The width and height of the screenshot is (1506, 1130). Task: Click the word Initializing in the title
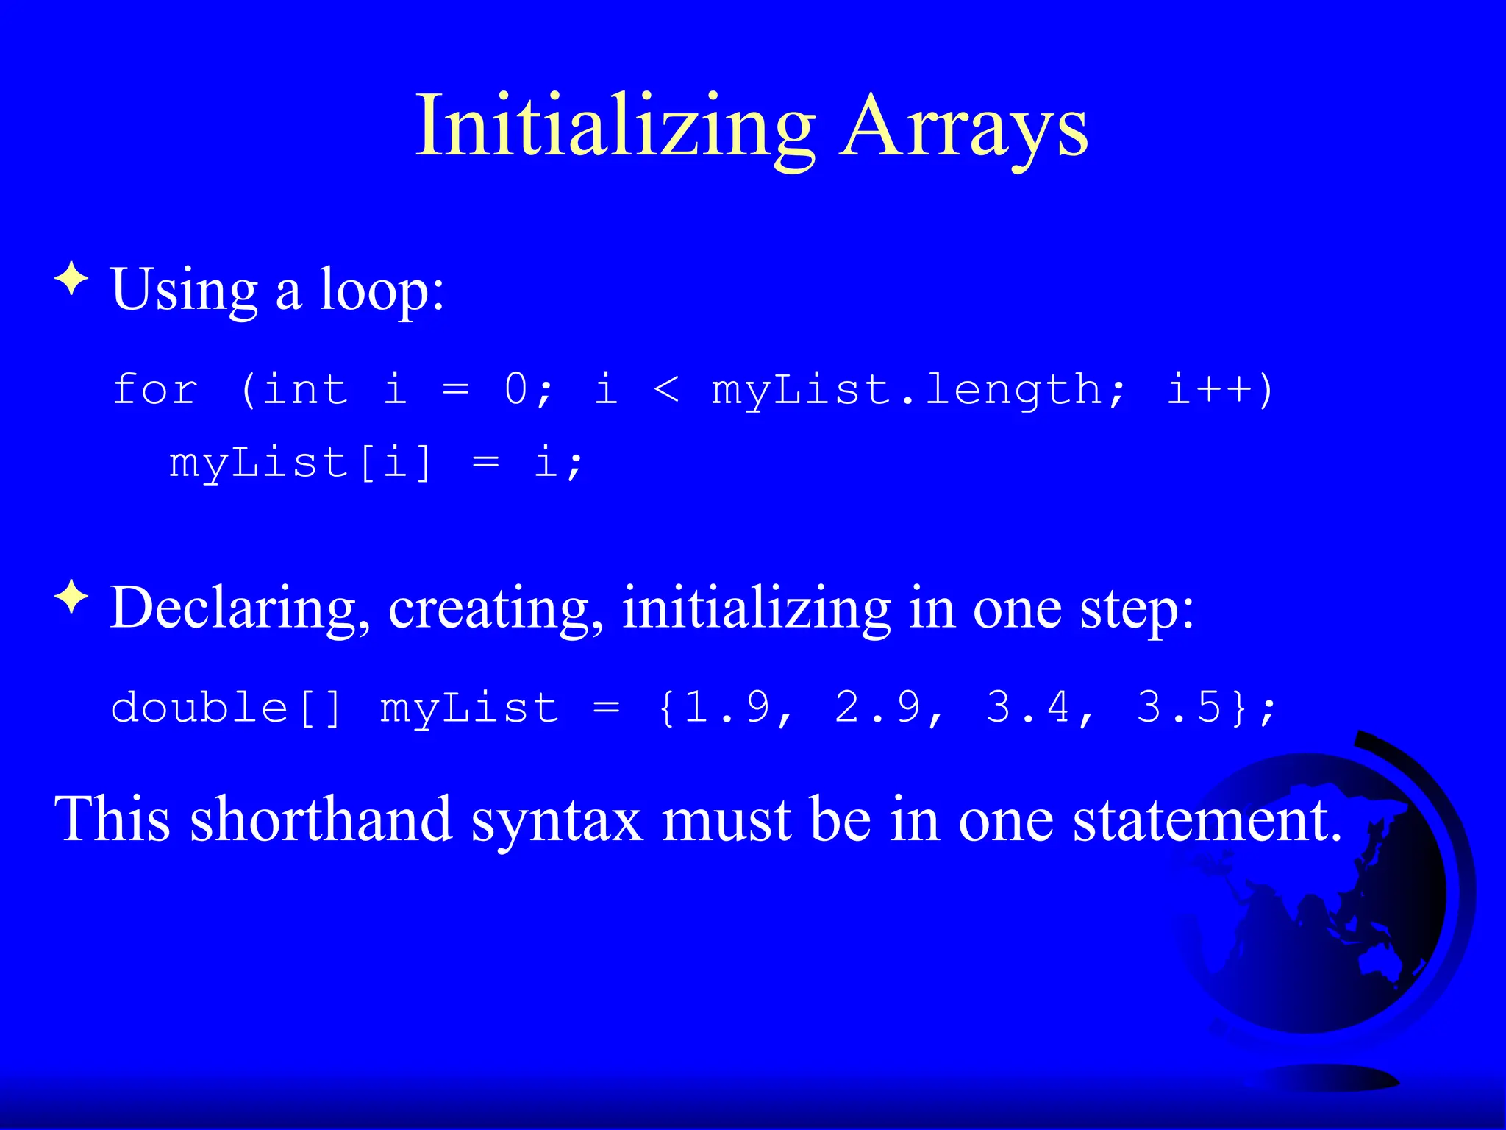pyautogui.click(x=615, y=127)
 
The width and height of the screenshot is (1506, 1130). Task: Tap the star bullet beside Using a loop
pyautogui.click(x=71, y=280)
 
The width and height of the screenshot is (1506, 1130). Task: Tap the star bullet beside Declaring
pyautogui.click(x=71, y=597)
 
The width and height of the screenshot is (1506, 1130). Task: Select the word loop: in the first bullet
pyautogui.click(x=382, y=291)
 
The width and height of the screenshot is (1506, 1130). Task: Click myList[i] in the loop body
pyautogui.click(x=300, y=463)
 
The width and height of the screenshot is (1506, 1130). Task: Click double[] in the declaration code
pyautogui.click(x=226, y=708)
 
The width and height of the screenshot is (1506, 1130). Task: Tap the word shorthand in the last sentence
pyautogui.click(x=321, y=820)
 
